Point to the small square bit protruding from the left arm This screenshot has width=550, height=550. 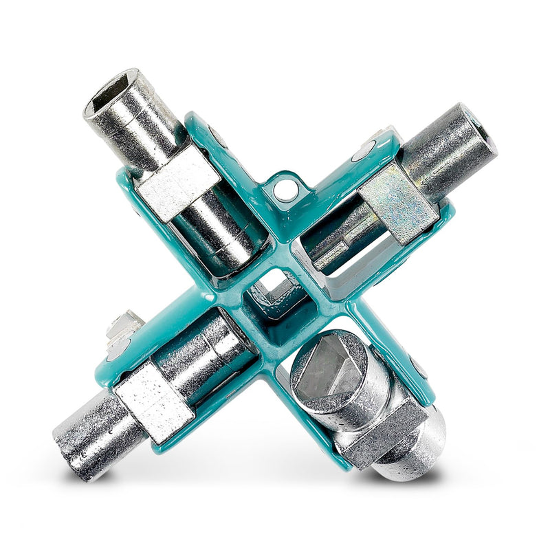(124, 324)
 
